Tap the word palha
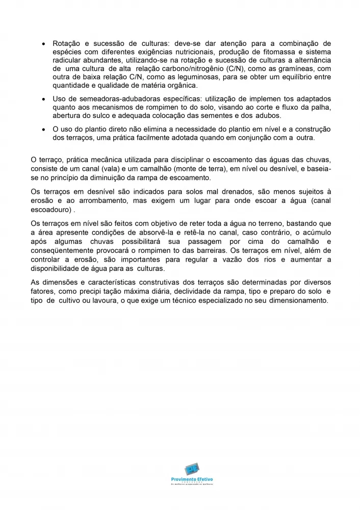click(321, 107)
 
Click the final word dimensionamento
click(291, 300)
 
